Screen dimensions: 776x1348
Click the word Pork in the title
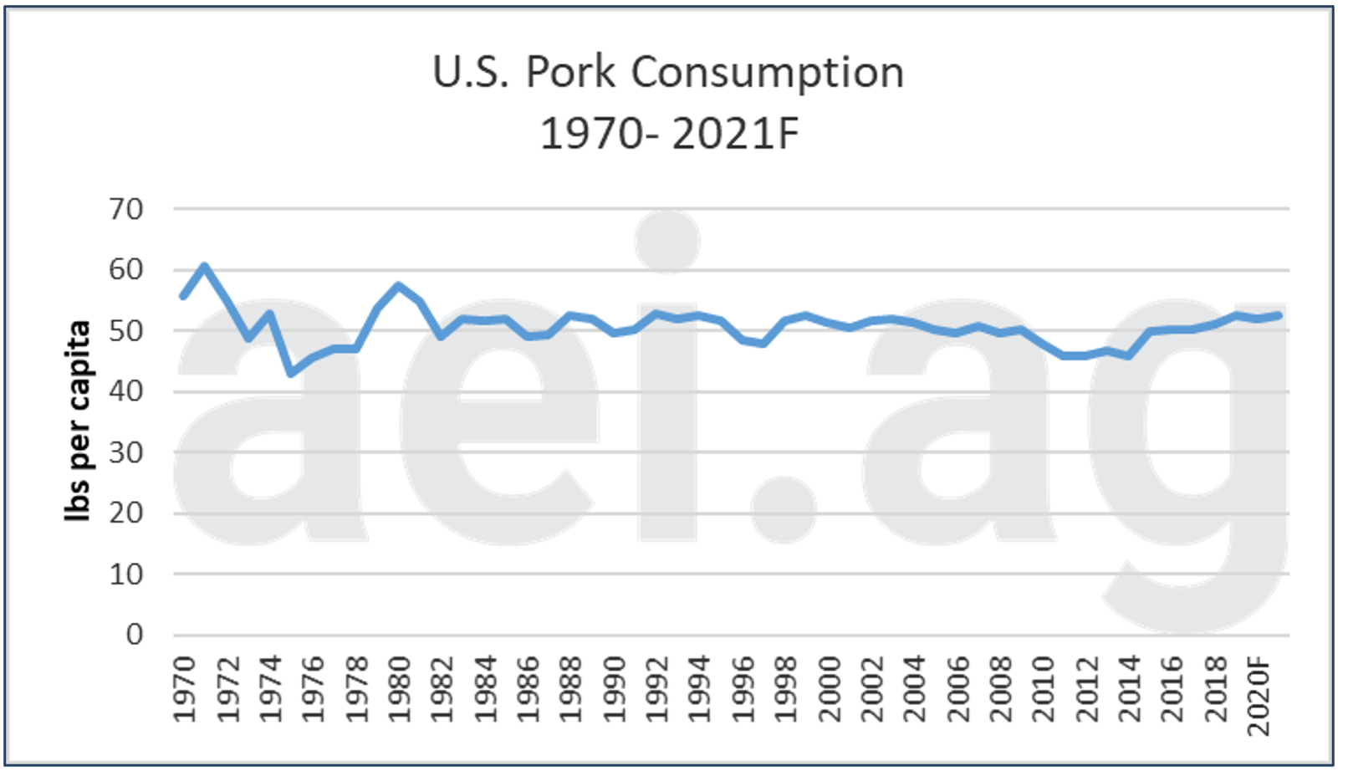[x=573, y=72]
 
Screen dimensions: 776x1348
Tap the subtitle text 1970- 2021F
[x=669, y=134]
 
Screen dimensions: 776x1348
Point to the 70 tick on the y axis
[x=125, y=209]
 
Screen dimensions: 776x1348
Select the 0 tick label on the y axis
[x=134, y=635]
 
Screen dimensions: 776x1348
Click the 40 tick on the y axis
[x=125, y=391]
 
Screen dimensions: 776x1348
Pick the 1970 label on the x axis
[x=184, y=689]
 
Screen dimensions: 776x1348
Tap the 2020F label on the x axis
[x=1259, y=697]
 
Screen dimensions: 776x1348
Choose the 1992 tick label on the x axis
[x=656, y=689]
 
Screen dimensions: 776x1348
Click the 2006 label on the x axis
[x=957, y=689]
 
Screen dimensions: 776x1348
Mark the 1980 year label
[x=399, y=689]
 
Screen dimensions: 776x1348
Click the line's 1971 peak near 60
[x=205, y=266]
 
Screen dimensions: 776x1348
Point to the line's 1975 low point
[x=291, y=373]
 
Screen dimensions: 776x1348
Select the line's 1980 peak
[x=399, y=285]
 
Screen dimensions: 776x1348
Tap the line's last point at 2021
[x=1279, y=315]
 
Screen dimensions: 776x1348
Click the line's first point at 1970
[x=183, y=296]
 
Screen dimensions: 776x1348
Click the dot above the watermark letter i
[x=666, y=241]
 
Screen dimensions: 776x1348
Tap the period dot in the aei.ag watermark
[x=783, y=509]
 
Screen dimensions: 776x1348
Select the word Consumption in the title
[x=768, y=74]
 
